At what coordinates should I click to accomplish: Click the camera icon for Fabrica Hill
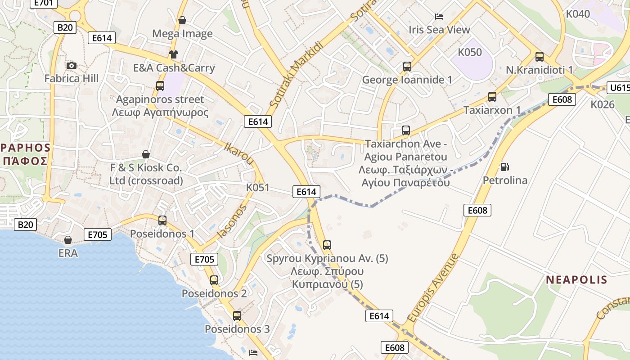pos(71,66)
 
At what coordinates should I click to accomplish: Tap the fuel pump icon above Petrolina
pos(505,167)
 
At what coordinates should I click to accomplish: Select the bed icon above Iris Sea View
pos(439,17)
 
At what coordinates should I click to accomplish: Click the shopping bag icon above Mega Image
pos(182,20)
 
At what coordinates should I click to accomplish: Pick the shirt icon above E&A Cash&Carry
pos(174,54)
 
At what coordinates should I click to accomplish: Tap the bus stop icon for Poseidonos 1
pos(162,220)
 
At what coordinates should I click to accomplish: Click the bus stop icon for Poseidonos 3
pos(237,315)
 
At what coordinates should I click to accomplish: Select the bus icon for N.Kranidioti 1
pos(539,57)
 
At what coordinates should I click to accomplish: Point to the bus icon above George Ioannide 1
pos(407,67)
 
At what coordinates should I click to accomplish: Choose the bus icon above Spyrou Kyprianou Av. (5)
pos(327,245)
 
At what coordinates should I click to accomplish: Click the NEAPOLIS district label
pos(576,280)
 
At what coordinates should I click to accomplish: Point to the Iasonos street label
pos(232,221)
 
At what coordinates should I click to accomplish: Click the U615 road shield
pos(618,88)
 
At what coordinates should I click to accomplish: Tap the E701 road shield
pos(44,3)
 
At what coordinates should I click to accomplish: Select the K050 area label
pos(469,52)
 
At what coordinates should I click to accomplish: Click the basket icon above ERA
pos(67,240)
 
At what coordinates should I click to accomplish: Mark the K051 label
pos(257,187)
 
